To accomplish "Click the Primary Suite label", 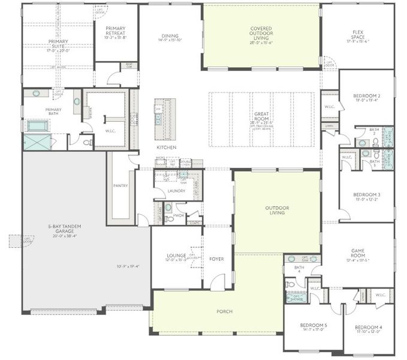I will click(x=59, y=44).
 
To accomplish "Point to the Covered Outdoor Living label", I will click(x=260, y=31).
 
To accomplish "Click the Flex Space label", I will click(x=358, y=37).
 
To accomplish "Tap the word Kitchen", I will click(x=166, y=147).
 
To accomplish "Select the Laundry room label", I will click(x=176, y=191).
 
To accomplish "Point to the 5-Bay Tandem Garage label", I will click(x=65, y=229).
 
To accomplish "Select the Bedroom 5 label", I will click(x=313, y=326).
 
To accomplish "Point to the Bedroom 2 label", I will click(x=366, y=98).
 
